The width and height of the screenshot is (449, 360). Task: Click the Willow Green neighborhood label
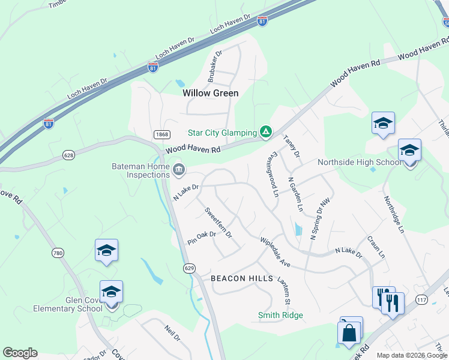[x=210, y=93]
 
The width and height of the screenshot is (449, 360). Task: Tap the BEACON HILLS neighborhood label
[x=242, y=279]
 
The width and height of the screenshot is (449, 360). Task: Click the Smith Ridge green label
[x=280, y=315]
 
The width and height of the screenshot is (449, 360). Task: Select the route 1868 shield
[x=160, y=134]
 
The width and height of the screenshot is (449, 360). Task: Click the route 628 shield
[x=68, y=155]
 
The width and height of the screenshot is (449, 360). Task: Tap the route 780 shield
[x=58, y=253]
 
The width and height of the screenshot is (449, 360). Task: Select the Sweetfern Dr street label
[x=218, y=222]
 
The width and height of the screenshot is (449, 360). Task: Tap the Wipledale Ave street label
[x=275, y=252]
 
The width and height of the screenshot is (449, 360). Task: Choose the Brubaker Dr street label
[x=214, y=65]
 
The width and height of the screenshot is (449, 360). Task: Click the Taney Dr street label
[x=291, y=146]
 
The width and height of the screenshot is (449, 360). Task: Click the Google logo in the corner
[x=20, y=353]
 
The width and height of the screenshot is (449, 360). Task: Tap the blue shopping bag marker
[x=349, y=332]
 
